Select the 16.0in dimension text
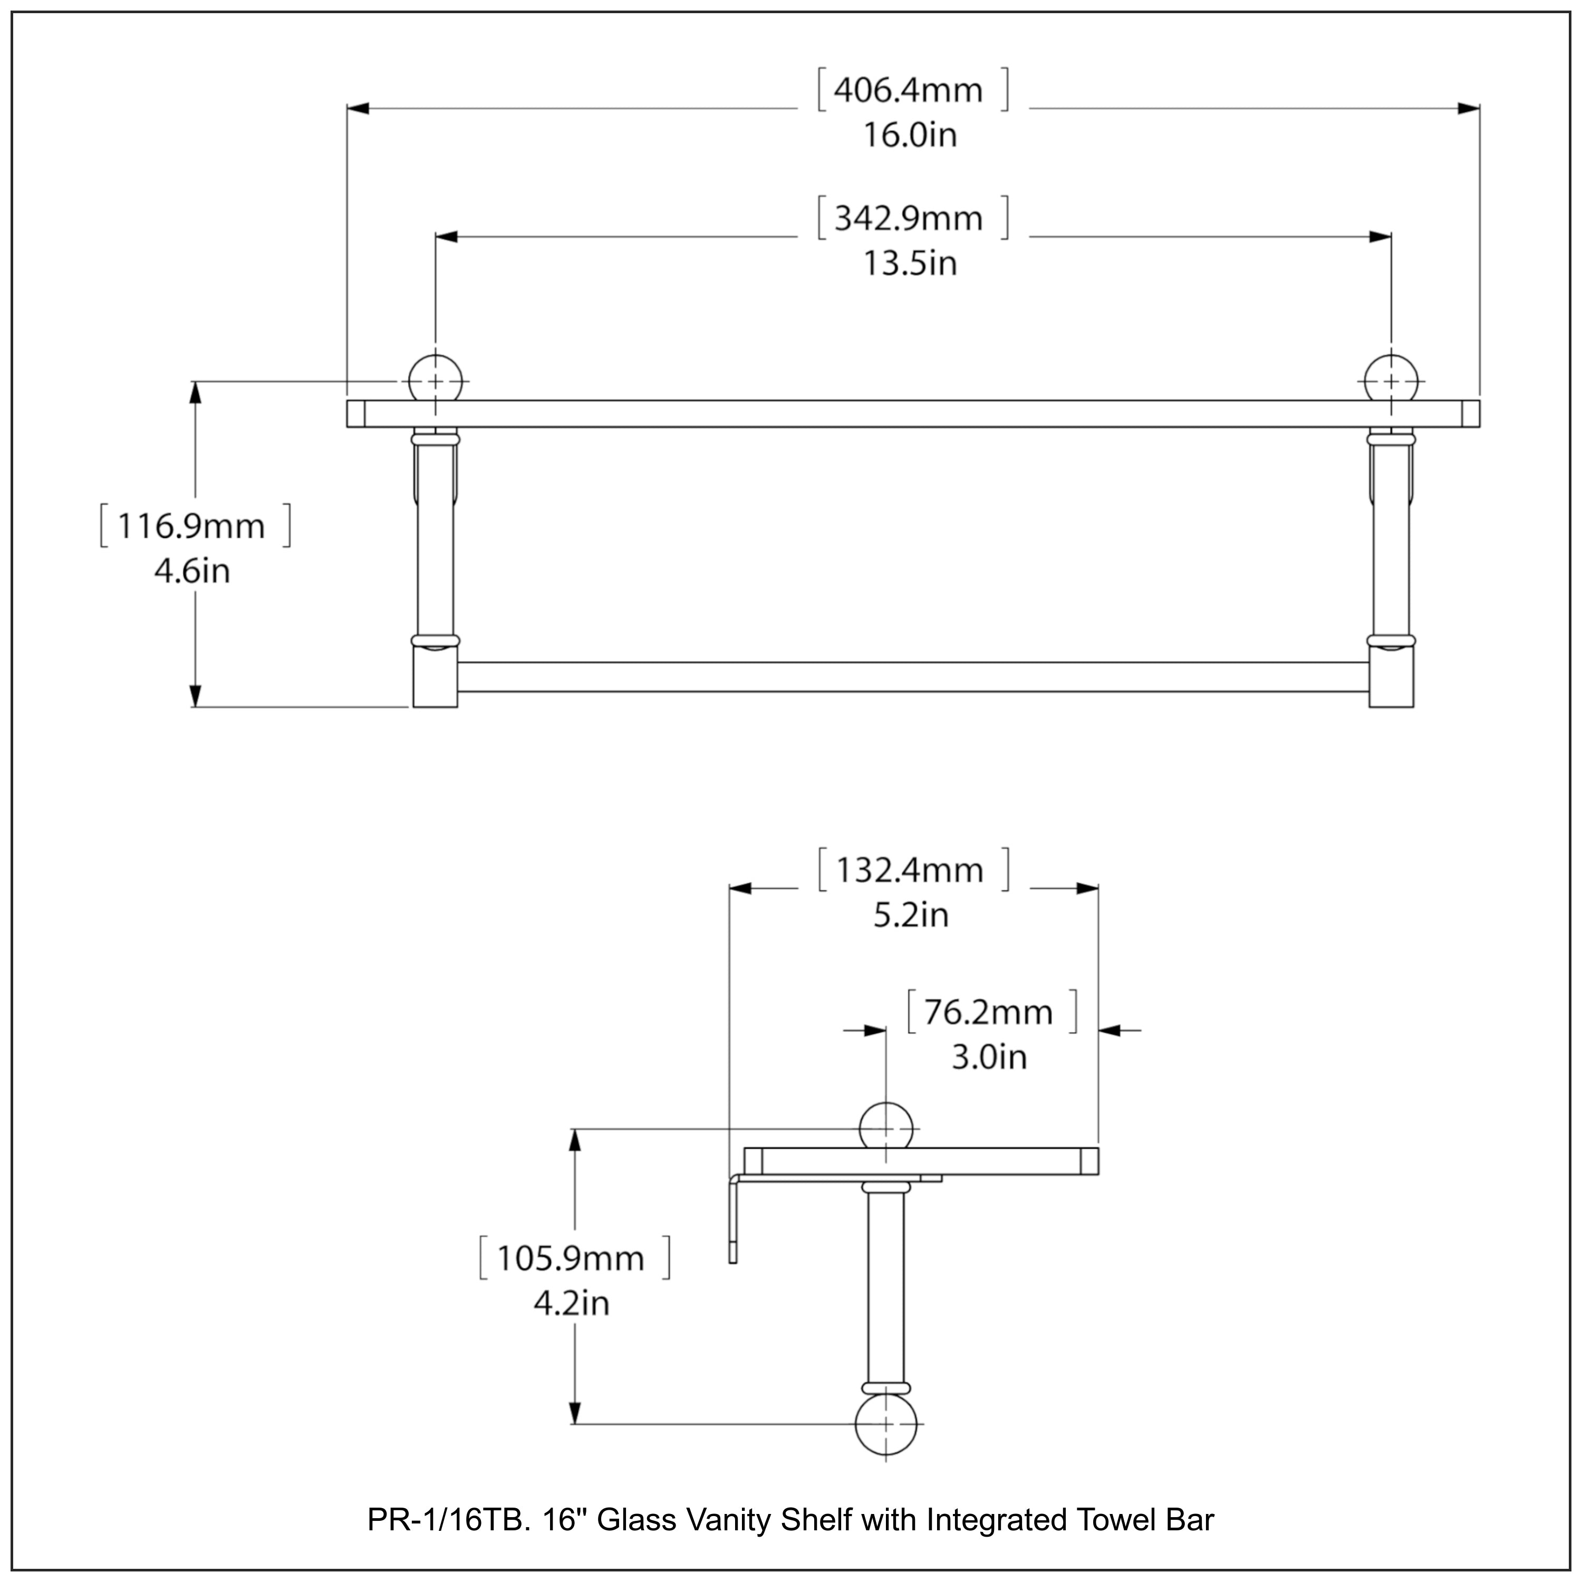pos(910,135)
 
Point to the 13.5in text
pos(910,264)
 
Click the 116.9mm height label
pos(191,526)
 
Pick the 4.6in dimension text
pos(191,572)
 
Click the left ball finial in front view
pos(435,381)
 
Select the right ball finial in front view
pos(1391,381)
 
